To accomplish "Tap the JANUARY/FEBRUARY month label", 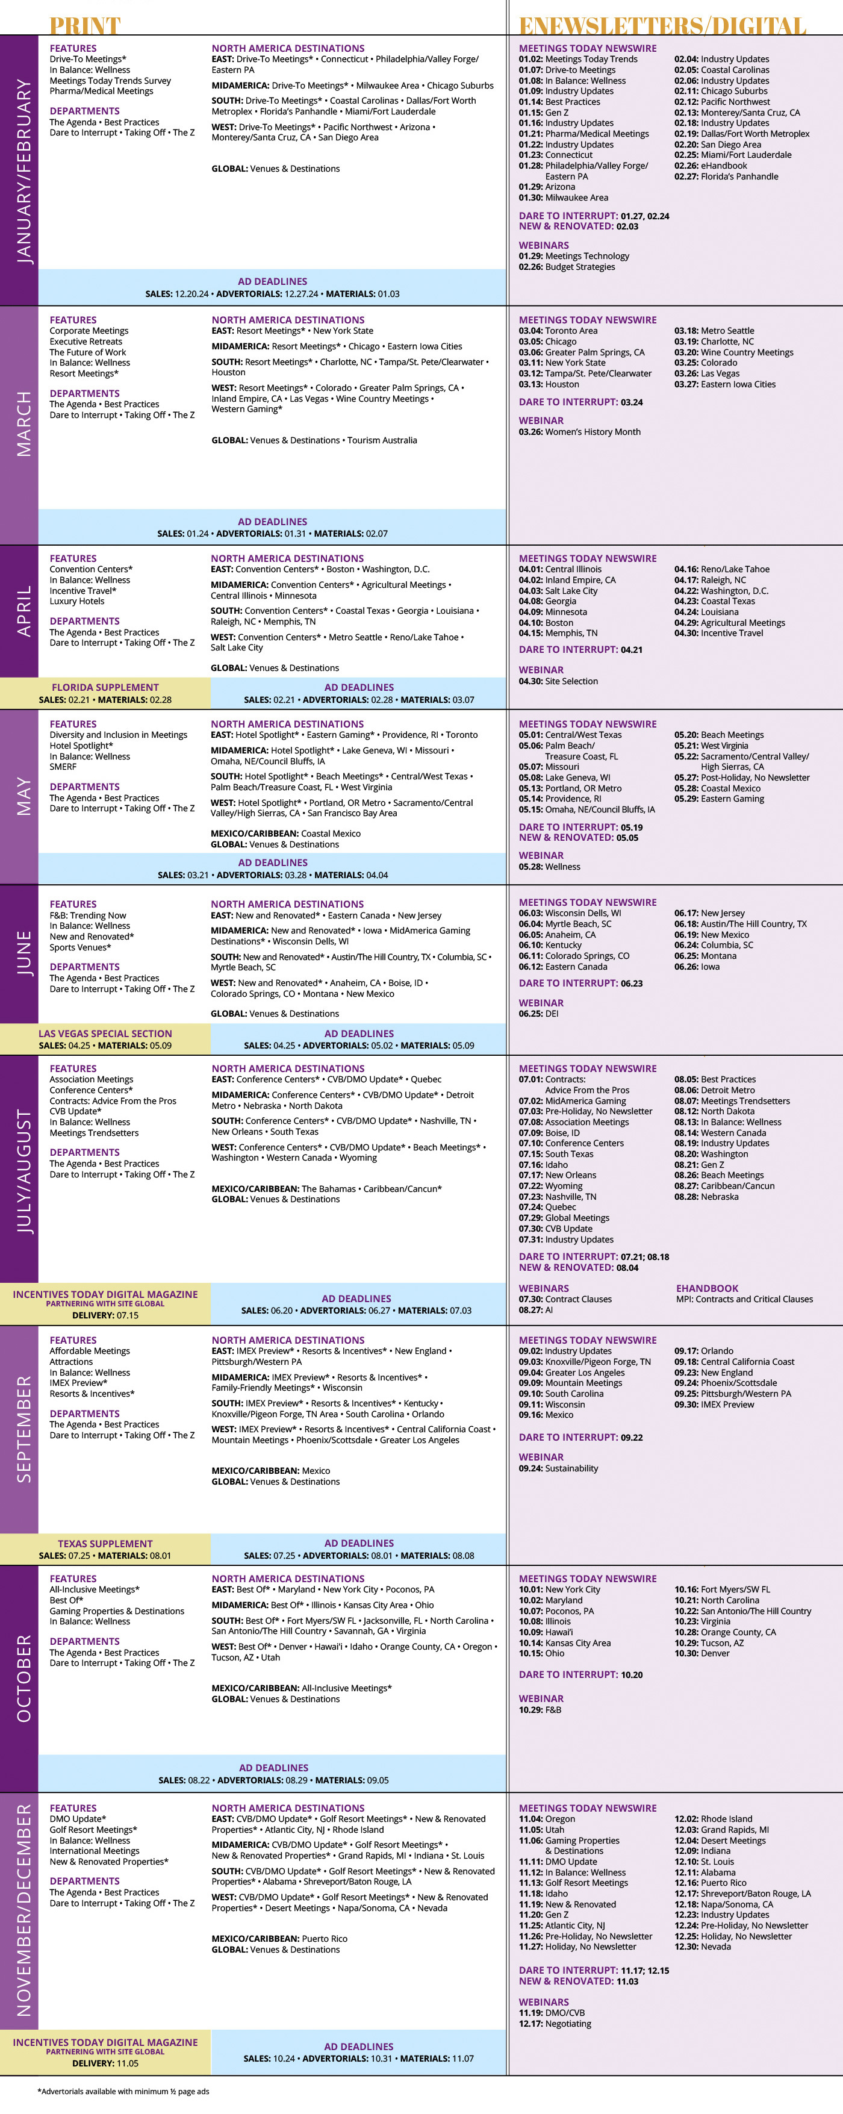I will (24, 170).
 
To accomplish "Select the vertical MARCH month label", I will (24, 423).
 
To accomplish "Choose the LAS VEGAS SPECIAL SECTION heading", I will (105, 1033).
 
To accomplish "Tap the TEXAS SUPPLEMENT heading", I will (105, 1543).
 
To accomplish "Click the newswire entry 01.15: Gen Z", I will (543, 113).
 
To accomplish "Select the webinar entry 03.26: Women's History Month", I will (579, 432).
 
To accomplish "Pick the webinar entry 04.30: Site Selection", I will (558, 681).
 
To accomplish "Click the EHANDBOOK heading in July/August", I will (707, 1288).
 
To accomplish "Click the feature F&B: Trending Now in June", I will (88, 915).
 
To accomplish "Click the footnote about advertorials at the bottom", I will (123, 2091).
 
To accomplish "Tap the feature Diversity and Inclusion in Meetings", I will (118, 735).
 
